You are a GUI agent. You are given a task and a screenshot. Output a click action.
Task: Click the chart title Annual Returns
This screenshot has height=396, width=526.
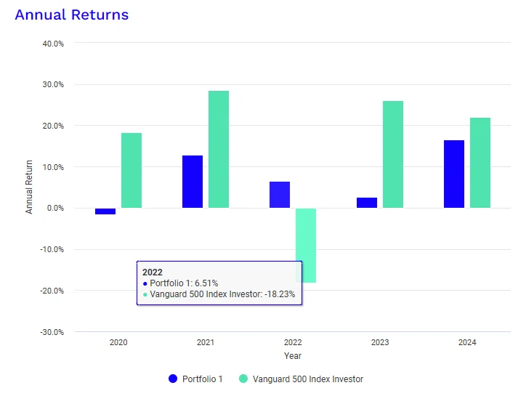(x=72, y=15)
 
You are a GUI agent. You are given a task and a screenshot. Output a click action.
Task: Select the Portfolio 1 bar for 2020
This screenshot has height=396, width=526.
(x=105, y=211)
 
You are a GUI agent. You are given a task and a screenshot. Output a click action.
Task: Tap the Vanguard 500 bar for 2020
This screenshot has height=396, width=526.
(x=131, y=171)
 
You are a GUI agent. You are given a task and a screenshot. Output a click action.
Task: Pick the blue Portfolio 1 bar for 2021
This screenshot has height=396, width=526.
(x=193, y=182)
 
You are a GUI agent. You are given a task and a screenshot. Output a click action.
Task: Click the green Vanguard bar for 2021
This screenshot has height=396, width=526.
(x=219, y=150)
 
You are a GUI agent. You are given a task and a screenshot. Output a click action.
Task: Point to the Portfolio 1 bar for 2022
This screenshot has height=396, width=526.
(x=280, y=195)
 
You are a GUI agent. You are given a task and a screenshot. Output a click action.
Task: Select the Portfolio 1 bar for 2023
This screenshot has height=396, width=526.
(x=367, y=203)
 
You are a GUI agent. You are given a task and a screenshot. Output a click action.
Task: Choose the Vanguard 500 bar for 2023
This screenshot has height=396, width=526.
(x=393, y=154)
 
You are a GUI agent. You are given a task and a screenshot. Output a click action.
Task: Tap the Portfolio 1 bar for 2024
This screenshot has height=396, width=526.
(x=454, y=174)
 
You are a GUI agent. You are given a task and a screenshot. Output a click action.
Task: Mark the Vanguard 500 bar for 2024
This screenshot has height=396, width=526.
(x=480, y=163)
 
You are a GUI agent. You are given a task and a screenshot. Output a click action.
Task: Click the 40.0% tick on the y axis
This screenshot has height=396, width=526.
(x=53, y=44)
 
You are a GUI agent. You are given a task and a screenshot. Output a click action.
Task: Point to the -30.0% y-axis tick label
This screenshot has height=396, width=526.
(x=52, y=332)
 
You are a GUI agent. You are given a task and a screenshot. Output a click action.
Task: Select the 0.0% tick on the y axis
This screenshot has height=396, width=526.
(x=55, y=208)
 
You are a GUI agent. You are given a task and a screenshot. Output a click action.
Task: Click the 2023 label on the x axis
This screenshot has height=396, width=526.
(x=380, y=342)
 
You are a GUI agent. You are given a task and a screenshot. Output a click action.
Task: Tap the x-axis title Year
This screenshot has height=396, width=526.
(x=293, y=356)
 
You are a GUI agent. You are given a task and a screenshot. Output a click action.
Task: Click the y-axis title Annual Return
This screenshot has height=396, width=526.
(x=29, y=187)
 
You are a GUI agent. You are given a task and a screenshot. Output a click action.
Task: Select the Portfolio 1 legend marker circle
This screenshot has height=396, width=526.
(x=173, y=379)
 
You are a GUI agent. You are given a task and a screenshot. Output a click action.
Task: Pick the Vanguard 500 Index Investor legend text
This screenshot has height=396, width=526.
(x=308, y=379)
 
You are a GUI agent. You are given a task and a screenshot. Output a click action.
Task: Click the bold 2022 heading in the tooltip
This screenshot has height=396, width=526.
(x=153, y=272)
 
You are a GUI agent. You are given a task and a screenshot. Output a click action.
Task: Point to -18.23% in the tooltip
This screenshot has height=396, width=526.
(x=280, y=294)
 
